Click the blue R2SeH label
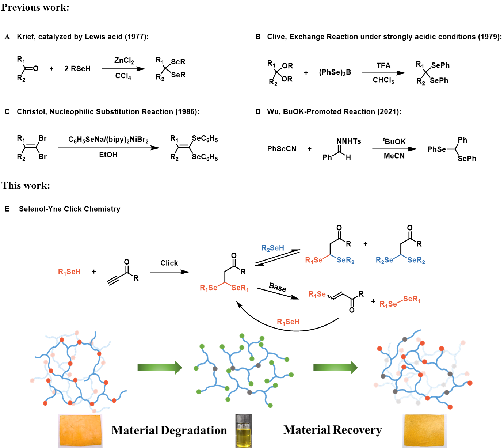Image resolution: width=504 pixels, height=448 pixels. tap(273, 248)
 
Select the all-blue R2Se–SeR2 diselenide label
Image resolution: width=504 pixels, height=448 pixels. tap(400, 259)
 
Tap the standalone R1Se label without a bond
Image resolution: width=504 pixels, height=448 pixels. tap(317, 294)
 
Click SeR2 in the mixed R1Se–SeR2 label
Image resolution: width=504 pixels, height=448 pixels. tap(345, 260)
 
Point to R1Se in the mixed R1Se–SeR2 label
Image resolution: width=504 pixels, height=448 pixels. tap(314, 260)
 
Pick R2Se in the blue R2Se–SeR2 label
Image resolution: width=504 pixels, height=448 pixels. tap(385, 260)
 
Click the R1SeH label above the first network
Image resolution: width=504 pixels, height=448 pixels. tap(69, 272)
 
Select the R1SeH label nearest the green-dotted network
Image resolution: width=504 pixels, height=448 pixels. tap(289, 322)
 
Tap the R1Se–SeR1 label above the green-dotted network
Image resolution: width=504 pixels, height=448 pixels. tap(224, 287)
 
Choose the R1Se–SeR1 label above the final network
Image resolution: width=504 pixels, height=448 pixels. tap(400, 301)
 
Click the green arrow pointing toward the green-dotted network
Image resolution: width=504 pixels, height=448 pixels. tap(160, 367)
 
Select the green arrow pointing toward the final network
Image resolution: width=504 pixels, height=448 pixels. tap(335, 367)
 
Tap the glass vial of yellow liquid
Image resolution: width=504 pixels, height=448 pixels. tap(244, 431)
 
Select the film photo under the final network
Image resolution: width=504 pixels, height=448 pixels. tap(424, 430)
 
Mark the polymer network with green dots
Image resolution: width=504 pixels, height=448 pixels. tap(243, 369)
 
